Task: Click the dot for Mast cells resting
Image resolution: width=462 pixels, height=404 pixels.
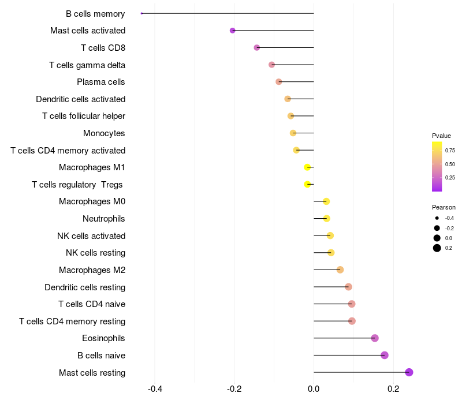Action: pyautogui.click(x=409, y=372)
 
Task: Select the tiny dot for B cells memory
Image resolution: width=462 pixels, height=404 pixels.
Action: pyautogui.click(x=141, y=13)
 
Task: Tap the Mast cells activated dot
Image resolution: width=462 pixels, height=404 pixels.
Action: pyautogui.click(x=233, y=31)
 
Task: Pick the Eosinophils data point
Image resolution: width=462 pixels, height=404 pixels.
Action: pyautogui.click(x=375, y=338)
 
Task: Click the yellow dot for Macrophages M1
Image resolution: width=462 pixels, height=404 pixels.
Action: pyautogui.click(x=308, y=167)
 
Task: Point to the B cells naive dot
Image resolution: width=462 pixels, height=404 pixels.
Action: pyautogui.click(x=385, y=355)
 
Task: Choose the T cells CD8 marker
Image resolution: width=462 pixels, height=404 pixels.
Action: pyautogui.click(x=257, y=47)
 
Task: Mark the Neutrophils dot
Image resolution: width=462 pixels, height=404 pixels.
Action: pyautogui.click(x=327, y=218)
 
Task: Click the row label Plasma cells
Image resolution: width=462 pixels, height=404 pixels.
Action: pyautogui.click(x=101, y=82)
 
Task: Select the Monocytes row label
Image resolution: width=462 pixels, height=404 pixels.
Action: pyautogui.click(x=104, y=133)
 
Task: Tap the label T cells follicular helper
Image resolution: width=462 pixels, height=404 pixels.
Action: pyautogui.click(x=84, y=116)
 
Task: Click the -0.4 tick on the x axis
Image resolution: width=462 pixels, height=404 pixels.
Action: pyautogui.click(x=155, y=390)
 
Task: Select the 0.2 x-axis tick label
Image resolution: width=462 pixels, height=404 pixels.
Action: pyautogui.click(x=393, y=390)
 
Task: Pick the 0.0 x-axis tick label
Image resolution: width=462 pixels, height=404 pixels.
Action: pyautogui.click(x=314, y=390)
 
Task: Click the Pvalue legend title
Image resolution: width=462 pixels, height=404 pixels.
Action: pyautogui.click(x=441, y=136)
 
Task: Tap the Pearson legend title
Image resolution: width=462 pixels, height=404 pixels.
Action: pyautogui.click(x=444, y=207)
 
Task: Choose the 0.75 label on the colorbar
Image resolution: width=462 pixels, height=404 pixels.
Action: pyautogui.click(x=450, y=150)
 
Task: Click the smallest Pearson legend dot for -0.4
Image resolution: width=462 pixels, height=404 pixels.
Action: pyautogui.click(x=437, y=218)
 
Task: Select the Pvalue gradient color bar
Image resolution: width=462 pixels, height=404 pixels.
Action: pyautogui.click(x=437, y=166)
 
